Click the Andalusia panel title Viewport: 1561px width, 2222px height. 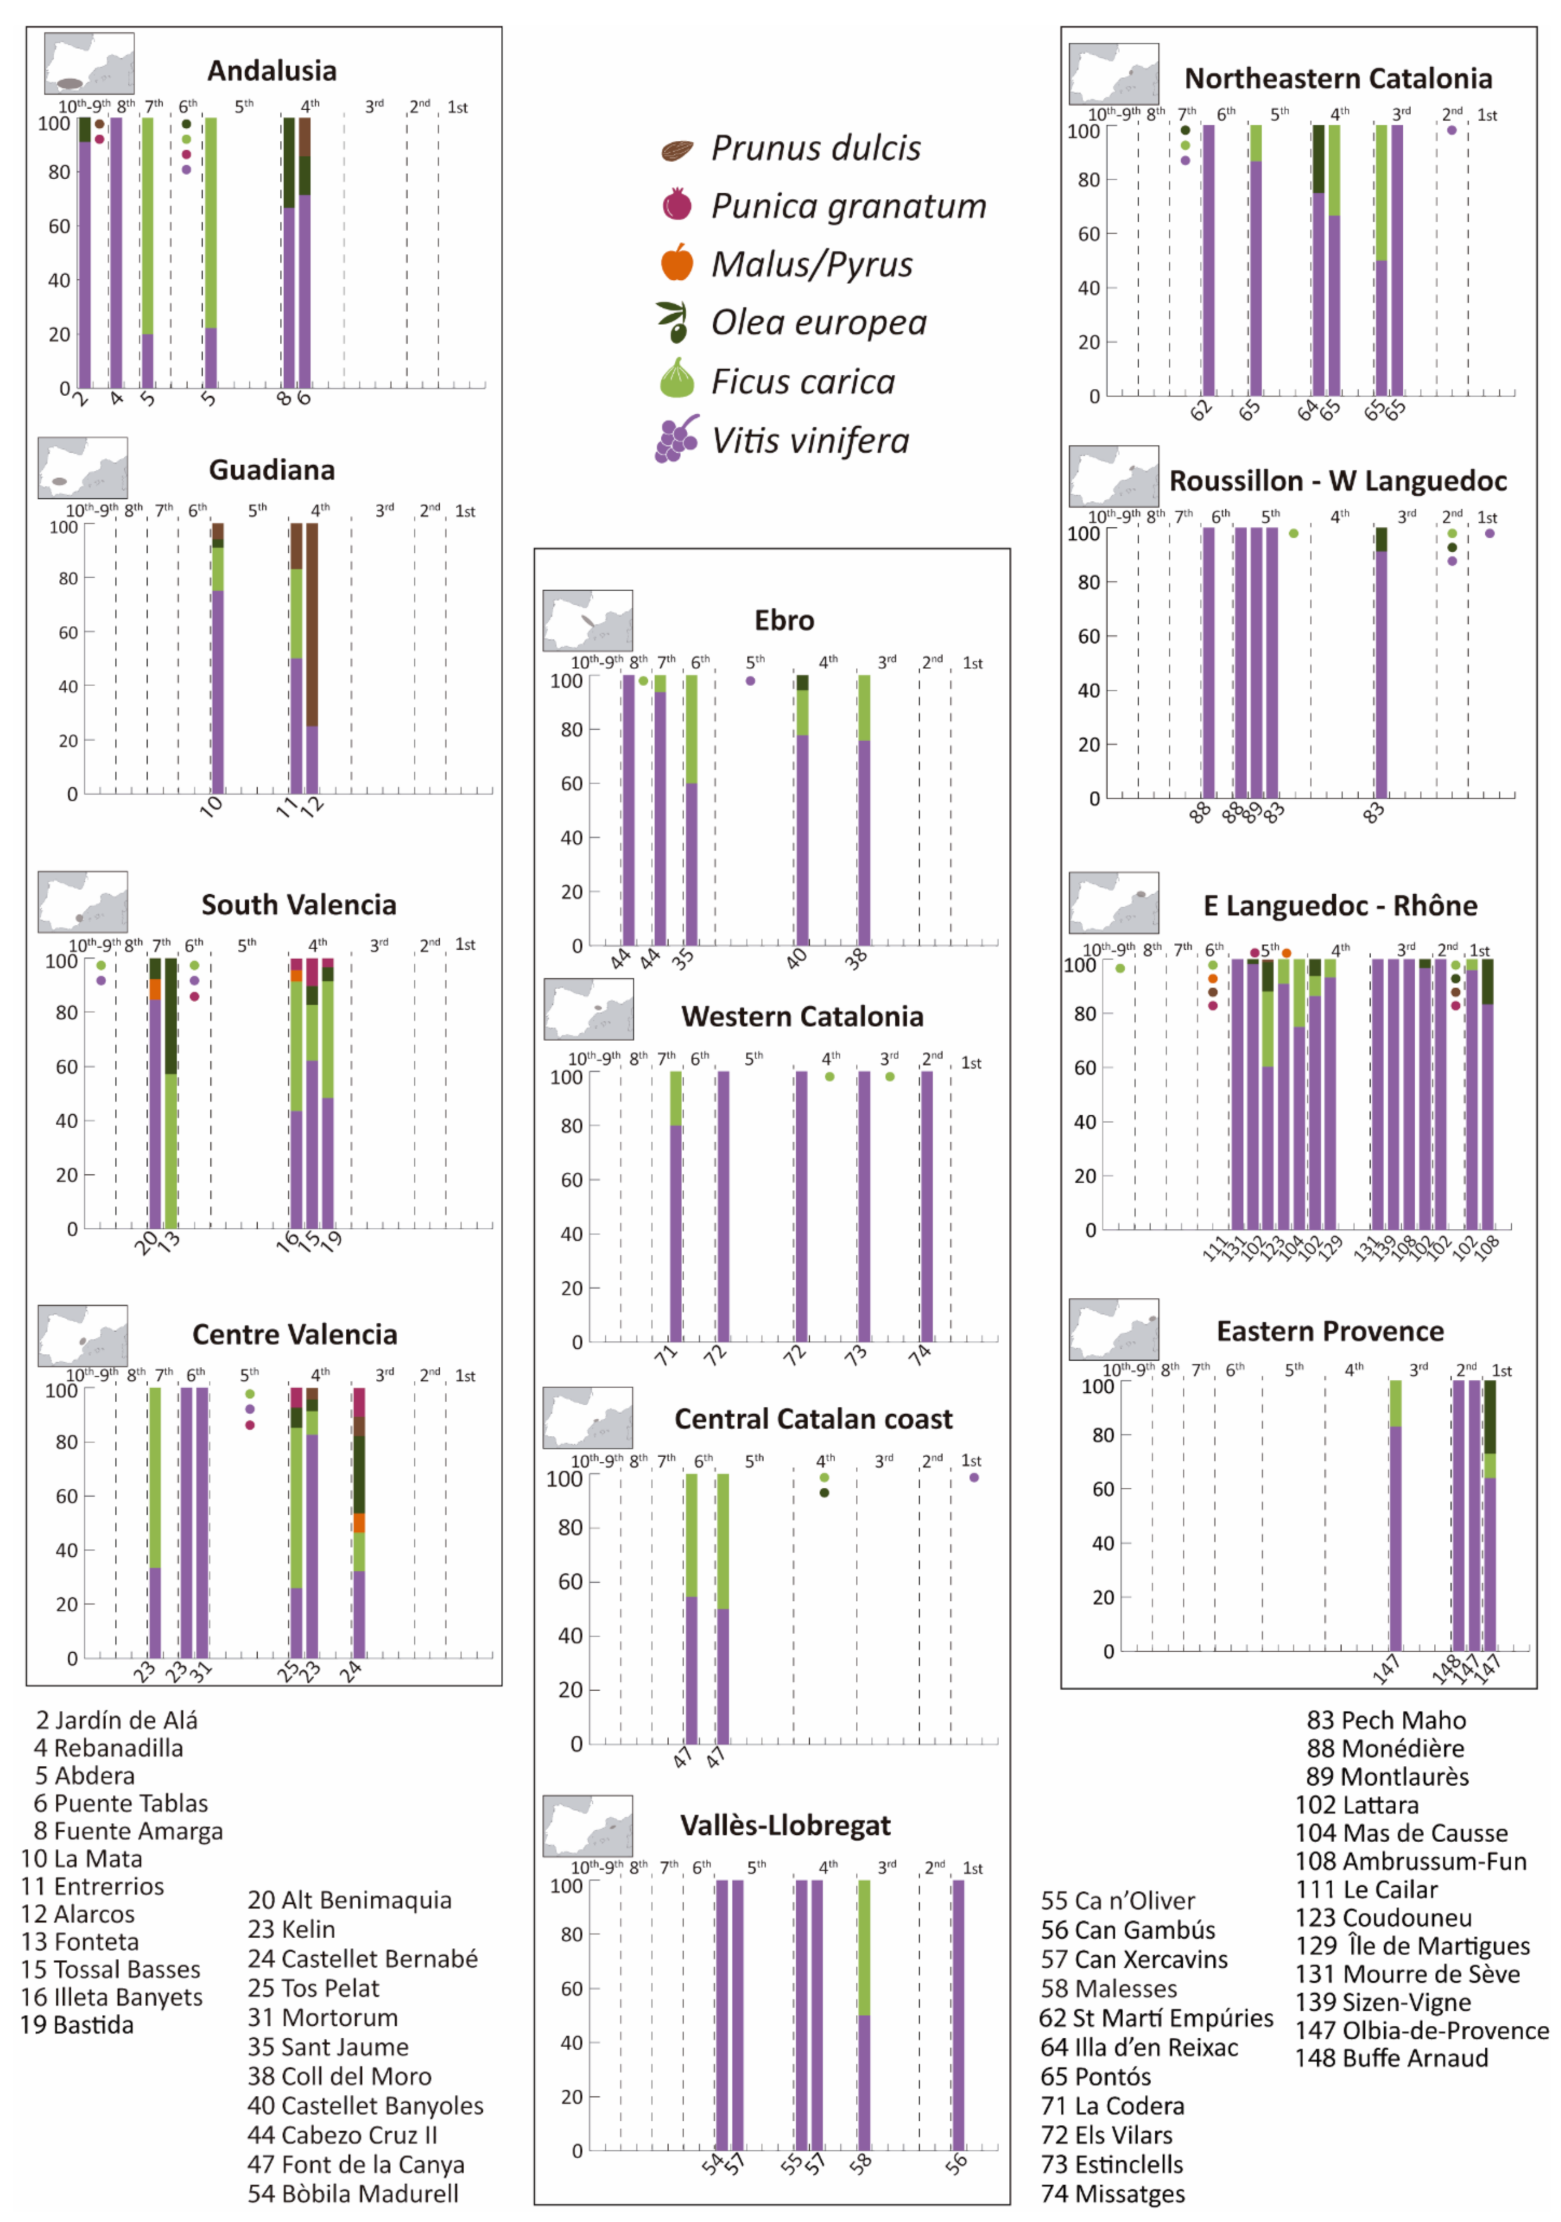[272, 71]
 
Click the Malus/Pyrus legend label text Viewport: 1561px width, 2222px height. [812, 264]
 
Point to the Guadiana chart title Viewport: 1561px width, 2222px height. [272, 470]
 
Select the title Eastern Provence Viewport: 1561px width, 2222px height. [1330, 1332]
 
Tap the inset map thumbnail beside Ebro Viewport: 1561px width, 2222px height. [587, 620]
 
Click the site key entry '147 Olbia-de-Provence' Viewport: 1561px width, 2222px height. [1421, 2030]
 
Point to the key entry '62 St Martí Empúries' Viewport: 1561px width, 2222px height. [1156, 2018]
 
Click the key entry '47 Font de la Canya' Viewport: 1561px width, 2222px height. [355, 2164]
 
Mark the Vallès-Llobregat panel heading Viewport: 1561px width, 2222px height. [785, 1825]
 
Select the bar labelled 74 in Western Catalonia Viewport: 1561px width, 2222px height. [926, 1206]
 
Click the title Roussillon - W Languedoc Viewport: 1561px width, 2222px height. [1337, 481]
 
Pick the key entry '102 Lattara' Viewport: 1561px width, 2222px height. [1357, 1805]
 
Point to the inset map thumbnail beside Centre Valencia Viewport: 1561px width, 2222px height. [83, 1336]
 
